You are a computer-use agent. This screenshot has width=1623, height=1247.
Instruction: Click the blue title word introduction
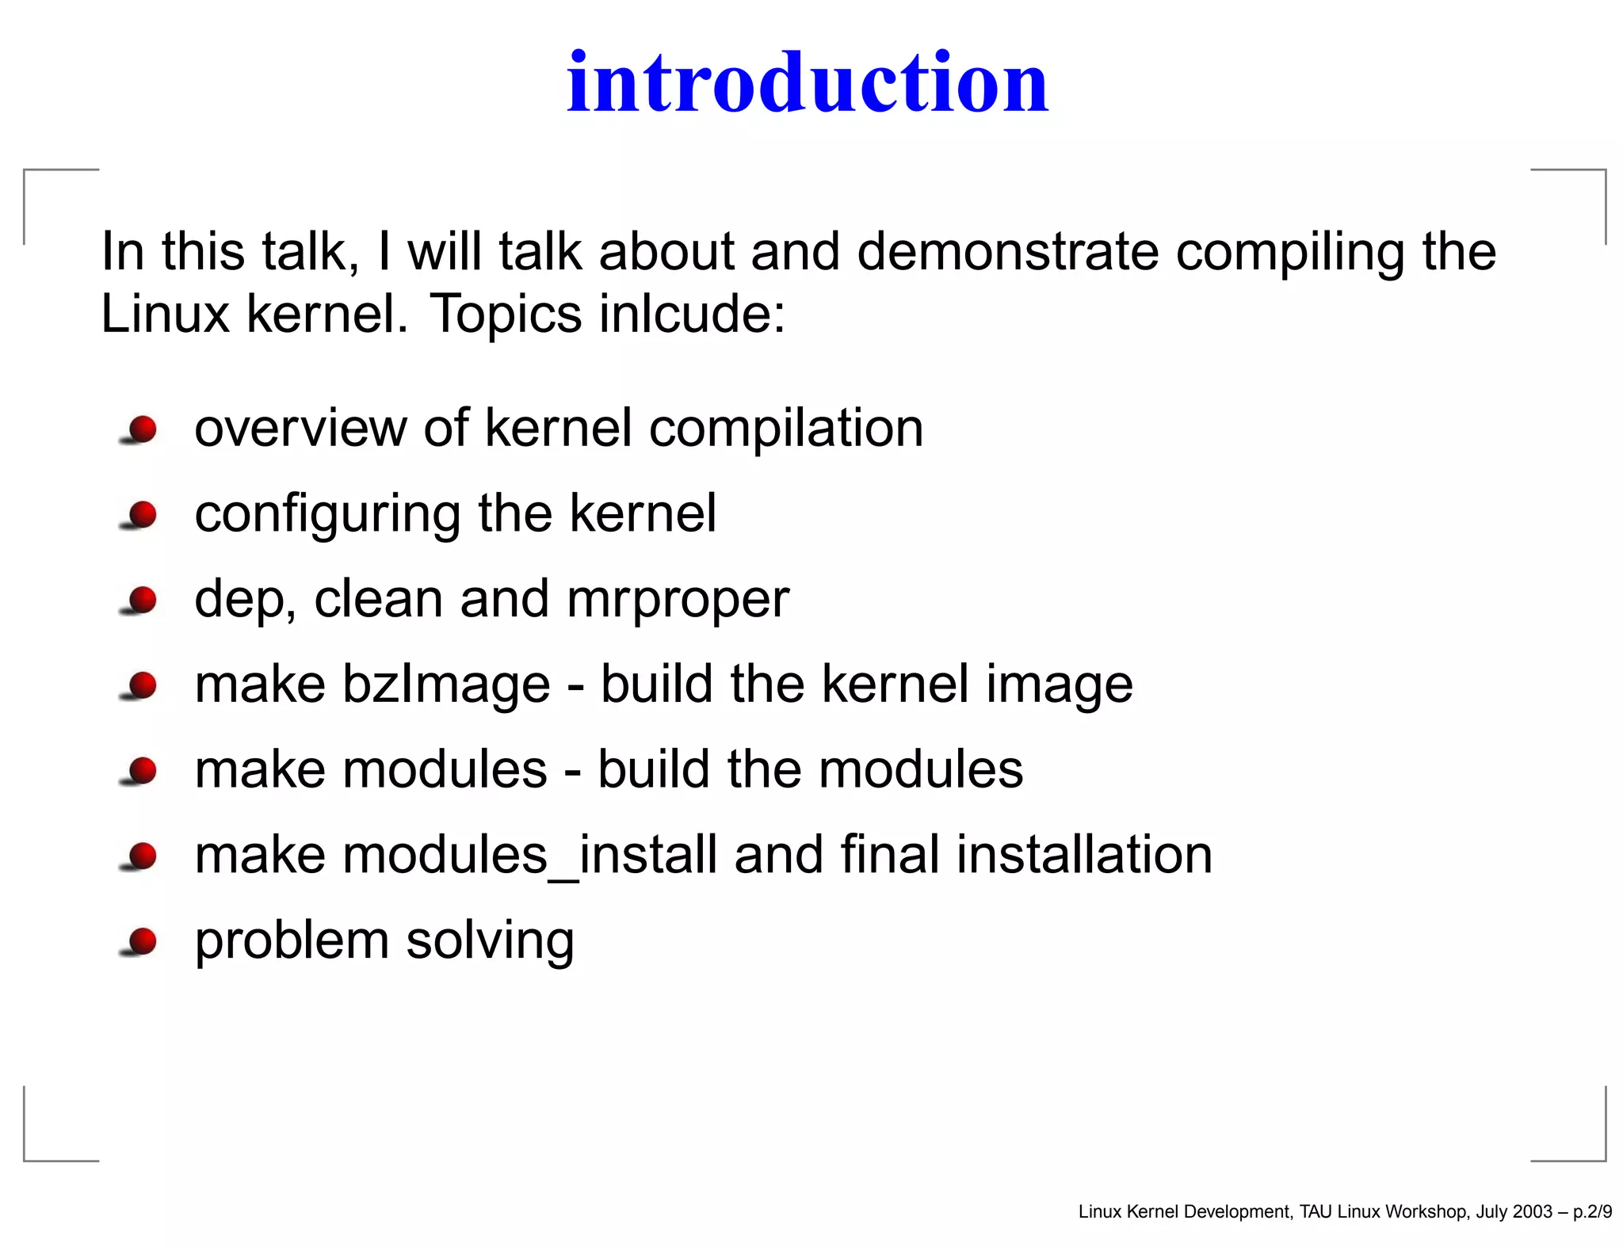coord(808,82)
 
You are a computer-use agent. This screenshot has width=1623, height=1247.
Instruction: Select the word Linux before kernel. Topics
coord(165,314)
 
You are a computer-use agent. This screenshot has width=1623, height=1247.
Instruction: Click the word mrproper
coord(678,600)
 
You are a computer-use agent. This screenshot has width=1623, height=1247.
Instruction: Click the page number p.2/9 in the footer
coord(1592,1211)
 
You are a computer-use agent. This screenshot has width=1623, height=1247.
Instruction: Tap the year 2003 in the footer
coord(1532,1211)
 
